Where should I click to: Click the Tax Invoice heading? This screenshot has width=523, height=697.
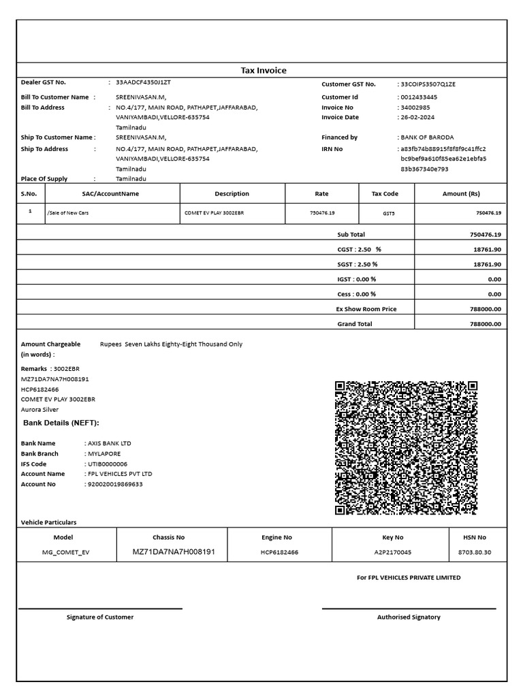click(x=264, y=71)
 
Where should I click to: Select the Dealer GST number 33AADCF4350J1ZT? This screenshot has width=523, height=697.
click(x=144, y=82)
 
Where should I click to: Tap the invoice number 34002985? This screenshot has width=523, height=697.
click(x=416, y=108)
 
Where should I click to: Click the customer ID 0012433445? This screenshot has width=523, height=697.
click(x=419, y=97)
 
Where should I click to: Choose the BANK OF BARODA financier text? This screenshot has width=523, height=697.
click(x=428, y=137)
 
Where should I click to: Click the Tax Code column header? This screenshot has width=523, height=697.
click(x=385, y=194)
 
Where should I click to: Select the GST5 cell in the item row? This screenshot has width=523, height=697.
click(x=388, y=213)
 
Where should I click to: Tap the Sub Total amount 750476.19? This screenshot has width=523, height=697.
click(x=486, y=235)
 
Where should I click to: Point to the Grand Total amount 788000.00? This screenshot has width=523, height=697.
click(x=486, y=325)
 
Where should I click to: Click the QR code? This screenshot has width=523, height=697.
click(x=405, y=448)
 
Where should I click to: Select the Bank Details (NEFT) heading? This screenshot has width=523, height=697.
click(x=61, y=423)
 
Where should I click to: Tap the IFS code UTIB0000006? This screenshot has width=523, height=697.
click(x=108, y=464)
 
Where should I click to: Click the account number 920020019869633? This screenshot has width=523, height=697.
click(x=114, y=484)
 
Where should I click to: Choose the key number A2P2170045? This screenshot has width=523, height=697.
click(x=393, y=552)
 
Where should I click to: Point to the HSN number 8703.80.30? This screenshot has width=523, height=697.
click(x=474, y=552)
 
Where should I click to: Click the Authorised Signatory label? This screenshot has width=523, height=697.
click(x=409, y=617)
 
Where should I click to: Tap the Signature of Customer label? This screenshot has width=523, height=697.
click(x=100, y=617)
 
